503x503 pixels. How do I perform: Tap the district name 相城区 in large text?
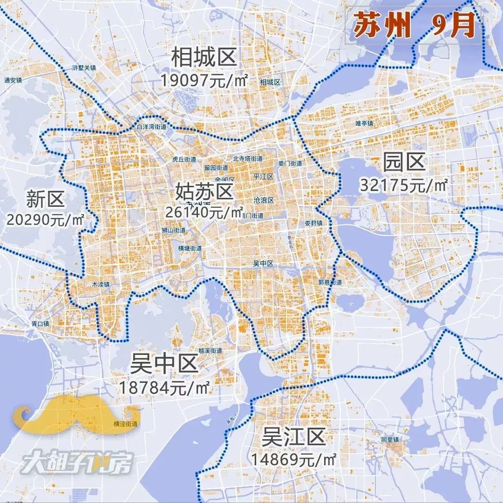204,58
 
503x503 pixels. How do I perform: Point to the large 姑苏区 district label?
204,191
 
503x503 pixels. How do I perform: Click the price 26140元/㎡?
204,212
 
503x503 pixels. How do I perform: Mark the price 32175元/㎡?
403,185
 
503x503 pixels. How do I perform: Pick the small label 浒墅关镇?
84,68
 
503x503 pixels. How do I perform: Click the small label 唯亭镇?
364,123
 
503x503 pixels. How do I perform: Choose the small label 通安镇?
13,80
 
